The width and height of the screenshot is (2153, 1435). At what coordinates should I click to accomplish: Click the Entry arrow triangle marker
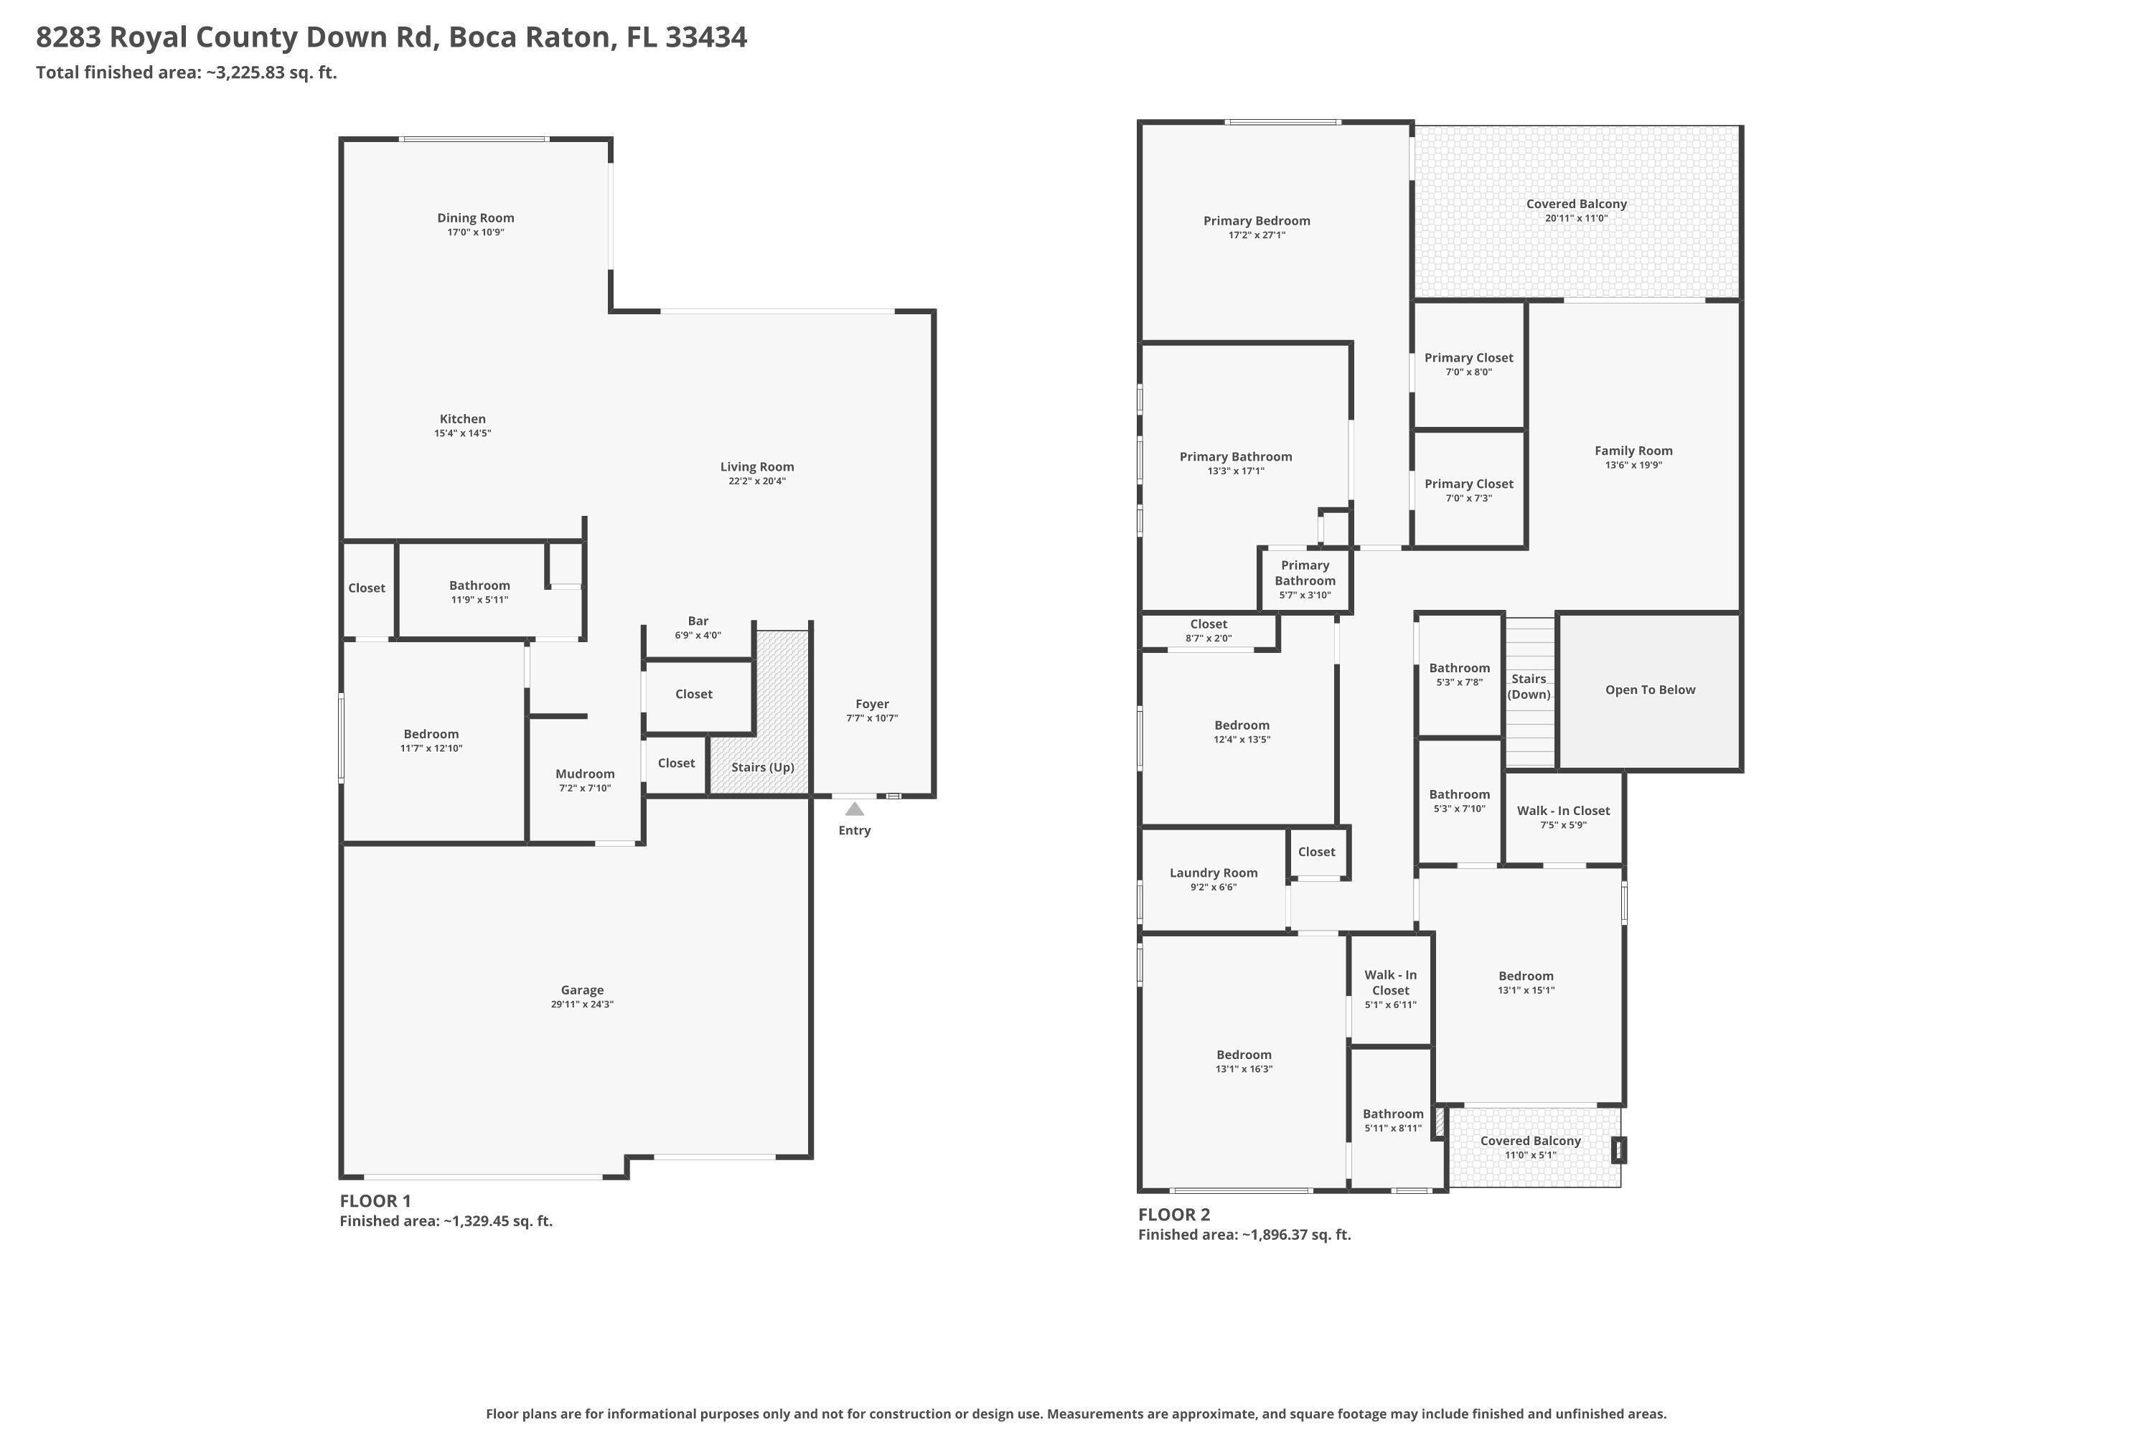pos(854,809)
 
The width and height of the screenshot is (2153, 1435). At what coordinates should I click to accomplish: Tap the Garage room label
pos(582,990)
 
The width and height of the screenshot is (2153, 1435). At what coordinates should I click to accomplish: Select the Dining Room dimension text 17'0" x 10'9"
pos(475,232)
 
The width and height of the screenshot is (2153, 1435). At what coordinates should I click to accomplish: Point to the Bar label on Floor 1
pos(698,621)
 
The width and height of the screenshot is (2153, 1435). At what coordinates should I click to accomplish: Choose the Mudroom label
pos(585,774)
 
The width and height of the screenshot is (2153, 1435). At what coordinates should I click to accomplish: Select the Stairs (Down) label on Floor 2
pos(1529,687)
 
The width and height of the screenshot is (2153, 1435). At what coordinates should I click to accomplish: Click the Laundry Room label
pos(1213,873)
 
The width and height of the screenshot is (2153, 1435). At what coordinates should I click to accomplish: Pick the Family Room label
pos(1633,451)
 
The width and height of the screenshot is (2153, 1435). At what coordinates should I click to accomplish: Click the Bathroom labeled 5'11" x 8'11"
pos(1392,1120)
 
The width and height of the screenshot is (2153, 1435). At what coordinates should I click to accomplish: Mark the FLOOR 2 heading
pos(1173,1215)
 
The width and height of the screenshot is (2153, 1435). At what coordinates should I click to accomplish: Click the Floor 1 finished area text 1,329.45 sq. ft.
pos(498,1221)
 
